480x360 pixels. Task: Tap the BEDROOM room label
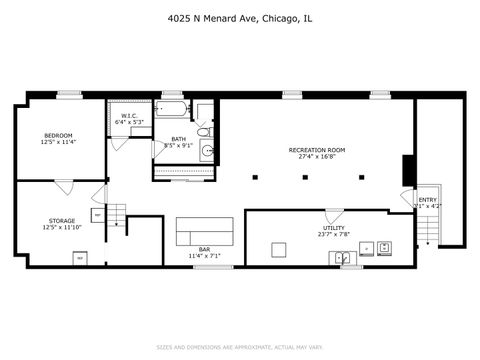click(x=58, y=135)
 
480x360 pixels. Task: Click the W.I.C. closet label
click(x=129, y=116)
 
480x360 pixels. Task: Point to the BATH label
click(x=178, y=139)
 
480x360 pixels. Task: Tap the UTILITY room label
click(x=333, y=228)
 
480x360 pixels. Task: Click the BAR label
click(x=203, y=249)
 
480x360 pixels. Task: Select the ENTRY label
click(x=428, y=200)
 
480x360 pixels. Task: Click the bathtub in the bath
click(x=173, y=109)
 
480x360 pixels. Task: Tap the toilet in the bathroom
click(x=202, y=130)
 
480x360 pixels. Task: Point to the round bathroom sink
click(x=208, y=152)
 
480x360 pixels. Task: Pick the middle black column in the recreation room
click(x=304, y=177)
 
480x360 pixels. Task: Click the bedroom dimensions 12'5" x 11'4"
click(x=58, y=142)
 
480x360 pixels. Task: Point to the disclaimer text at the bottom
click(x=239, y=348)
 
